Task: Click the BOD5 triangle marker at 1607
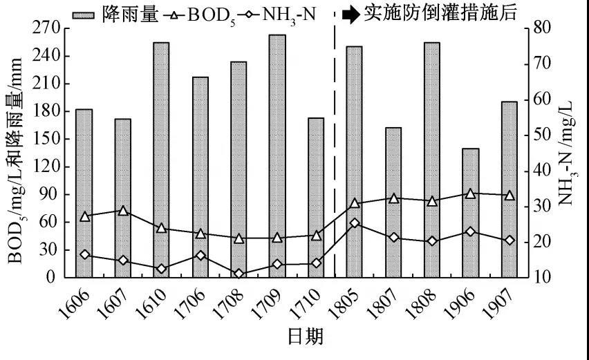[122, 211]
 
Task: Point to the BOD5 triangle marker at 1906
[470, 193]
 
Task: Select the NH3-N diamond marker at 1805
[355, 223]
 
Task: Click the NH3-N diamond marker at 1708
[239, 274]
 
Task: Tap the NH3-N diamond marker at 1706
[200, 256]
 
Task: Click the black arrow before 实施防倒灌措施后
[351, 13]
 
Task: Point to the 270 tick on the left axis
[48, 28]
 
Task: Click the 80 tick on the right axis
[538, 28]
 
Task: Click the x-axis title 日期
[305, 338]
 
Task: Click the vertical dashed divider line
[335, 138]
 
